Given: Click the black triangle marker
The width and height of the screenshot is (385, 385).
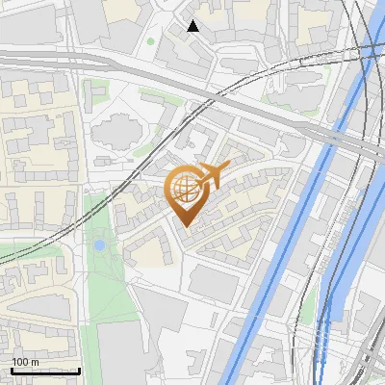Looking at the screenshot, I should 193,26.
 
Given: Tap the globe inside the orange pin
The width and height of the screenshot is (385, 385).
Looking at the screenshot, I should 183,186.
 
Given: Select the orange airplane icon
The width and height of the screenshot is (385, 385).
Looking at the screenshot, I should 211,176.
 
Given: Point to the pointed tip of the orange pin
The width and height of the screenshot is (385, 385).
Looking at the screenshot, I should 183,226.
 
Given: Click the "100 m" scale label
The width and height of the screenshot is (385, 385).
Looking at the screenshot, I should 25,362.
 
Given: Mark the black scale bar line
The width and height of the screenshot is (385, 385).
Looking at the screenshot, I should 45,371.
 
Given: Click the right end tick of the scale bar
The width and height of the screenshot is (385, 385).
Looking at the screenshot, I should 79,369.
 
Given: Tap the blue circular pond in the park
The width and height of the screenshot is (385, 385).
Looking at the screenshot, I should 99,245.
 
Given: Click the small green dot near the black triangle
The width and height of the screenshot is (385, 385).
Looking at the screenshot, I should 150,42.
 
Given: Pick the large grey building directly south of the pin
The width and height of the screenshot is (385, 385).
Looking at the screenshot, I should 212,283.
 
